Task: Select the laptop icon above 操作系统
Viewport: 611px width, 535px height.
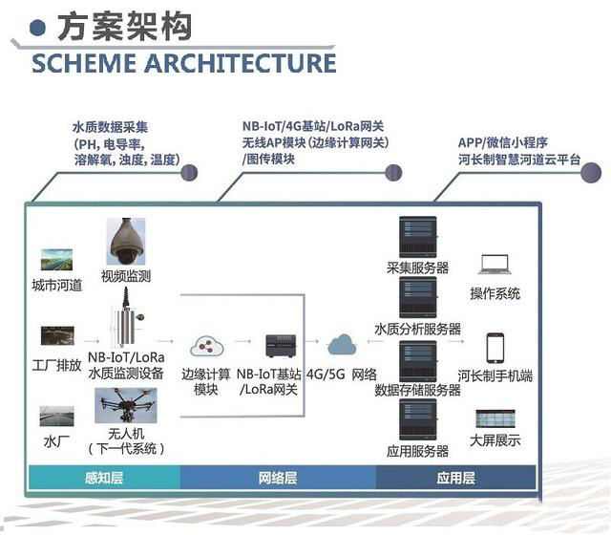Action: [x=495, y=265]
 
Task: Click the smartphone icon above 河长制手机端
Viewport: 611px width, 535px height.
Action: [x=495, y=347]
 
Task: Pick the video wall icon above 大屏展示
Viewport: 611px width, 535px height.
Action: [x=495, y=418]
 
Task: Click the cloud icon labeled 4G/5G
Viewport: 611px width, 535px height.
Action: [x=343, y=345]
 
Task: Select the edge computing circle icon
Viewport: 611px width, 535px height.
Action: [x=205, y=346]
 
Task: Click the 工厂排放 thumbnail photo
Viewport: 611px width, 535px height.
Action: [x=55, y=336]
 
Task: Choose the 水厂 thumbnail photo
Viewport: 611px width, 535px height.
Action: [x=55, y=416]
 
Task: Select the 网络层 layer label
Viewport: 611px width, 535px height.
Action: [x=278, y=477]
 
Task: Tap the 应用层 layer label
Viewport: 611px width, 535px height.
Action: [x=455, y=477]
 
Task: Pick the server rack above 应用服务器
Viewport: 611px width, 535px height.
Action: [x=417, y=420]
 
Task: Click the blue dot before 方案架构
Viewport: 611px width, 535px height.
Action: [x=38, y=28]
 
